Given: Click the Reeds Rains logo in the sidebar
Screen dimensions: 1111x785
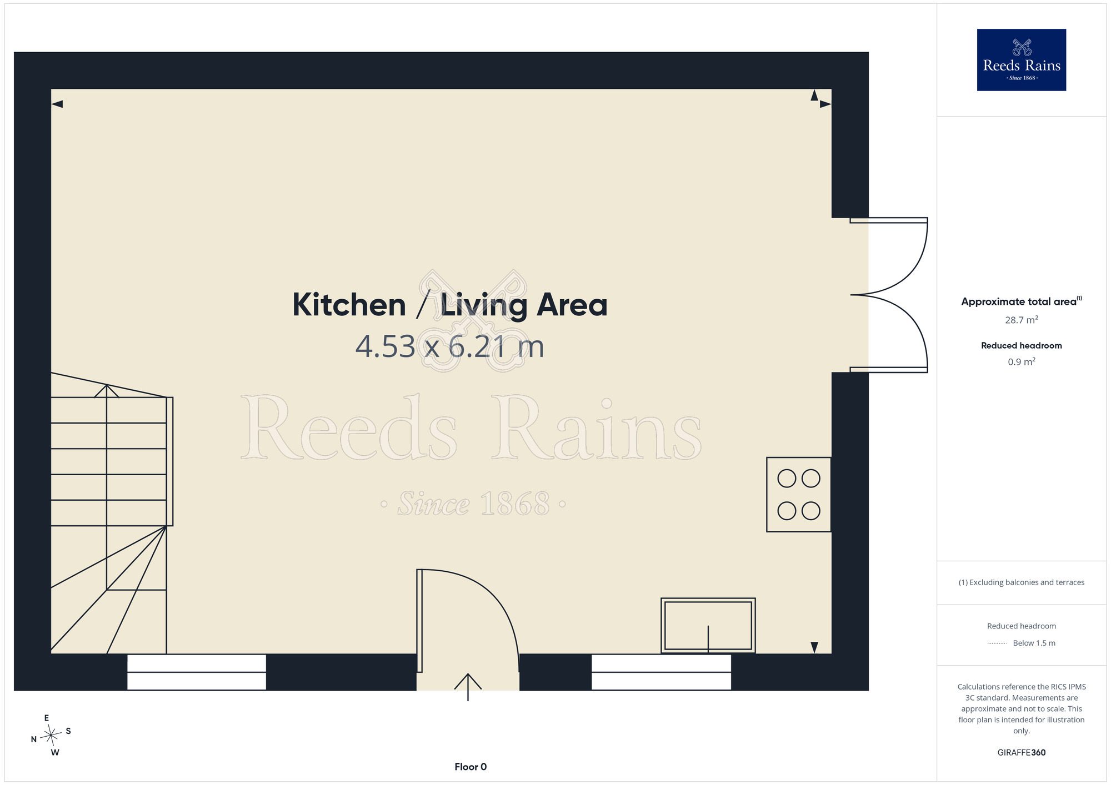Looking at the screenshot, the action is tap(1021, 59).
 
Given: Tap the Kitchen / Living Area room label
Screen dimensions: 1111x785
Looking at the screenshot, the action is tap(450, 305).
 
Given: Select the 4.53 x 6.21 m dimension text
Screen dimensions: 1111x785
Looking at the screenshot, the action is tap(450, 346).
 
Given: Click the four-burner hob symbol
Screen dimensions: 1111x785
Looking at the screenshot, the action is tap(799, 495).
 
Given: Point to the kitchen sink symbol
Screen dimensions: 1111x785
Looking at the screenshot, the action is tap(708, 625).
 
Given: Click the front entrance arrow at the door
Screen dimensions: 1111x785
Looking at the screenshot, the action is tap(468, 687).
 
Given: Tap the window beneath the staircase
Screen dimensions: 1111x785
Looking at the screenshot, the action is tap(197, 672).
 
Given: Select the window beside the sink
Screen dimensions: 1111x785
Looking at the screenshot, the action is tap(661, 672).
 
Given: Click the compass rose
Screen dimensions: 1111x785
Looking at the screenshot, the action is tap(51, 736).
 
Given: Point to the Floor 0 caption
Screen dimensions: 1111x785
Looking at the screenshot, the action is tap(471, 767).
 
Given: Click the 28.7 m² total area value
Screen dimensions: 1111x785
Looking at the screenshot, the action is tap(1021, 320).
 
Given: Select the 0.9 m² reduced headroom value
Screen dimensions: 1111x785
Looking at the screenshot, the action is tap(1021, 362).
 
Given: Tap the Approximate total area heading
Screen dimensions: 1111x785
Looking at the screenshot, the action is tap(1021, 301).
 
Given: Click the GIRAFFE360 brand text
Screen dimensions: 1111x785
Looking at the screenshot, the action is tap(1021, 753).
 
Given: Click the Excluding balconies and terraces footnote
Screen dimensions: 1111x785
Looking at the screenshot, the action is tap(1021, 582).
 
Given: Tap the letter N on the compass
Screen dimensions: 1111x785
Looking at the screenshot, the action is tap(34, 739).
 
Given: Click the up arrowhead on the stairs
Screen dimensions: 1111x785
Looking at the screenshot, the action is tap(107, 391).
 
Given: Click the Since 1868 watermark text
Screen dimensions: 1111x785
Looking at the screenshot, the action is tap(473, 504).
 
